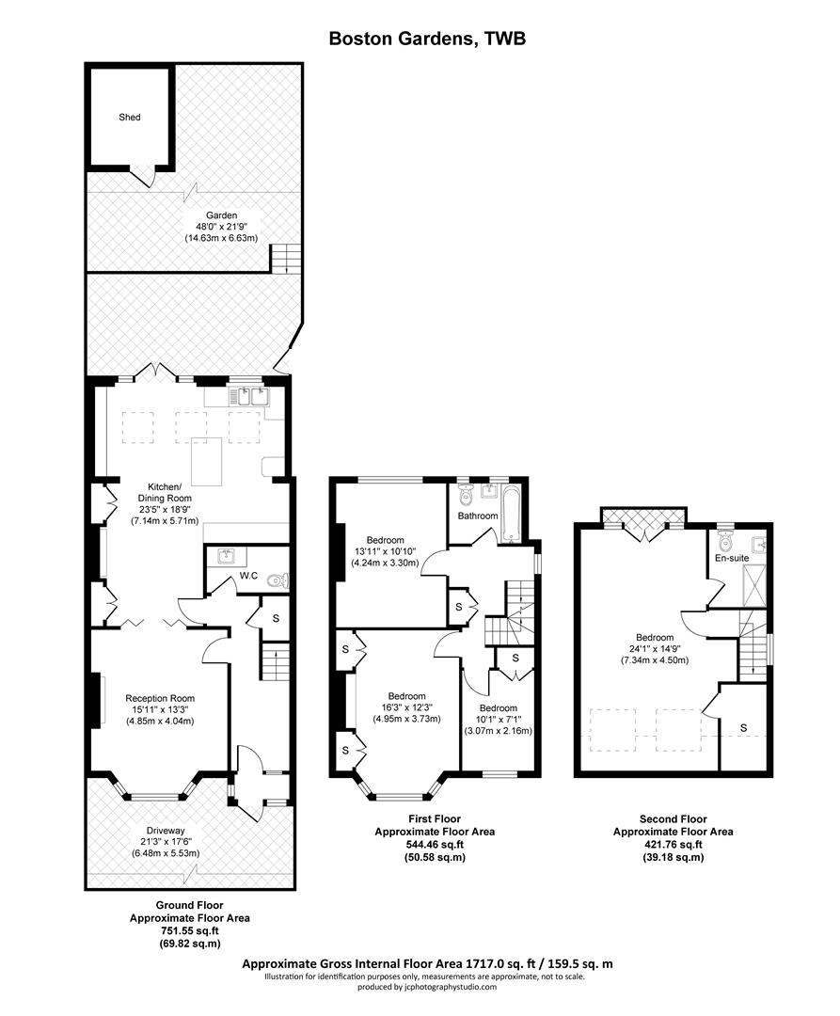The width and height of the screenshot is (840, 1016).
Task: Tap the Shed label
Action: tap(129, 118)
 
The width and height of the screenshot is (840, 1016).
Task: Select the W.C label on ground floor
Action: tap(248, 575)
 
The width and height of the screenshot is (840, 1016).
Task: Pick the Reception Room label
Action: tap(160, 698)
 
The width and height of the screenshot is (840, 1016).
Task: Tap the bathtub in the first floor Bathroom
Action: tap(509, 515)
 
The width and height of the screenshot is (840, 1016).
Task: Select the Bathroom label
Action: tap(478, 516)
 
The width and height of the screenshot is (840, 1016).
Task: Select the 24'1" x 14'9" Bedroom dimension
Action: tap(653, 648)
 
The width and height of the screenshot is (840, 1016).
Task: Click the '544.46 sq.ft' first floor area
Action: tap(435, 845)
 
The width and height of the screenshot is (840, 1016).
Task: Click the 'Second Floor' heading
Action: tap(673, 819)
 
